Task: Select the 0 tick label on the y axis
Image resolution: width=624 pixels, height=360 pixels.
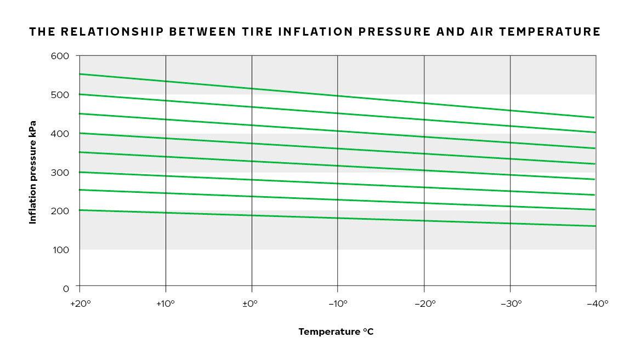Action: pyautogui.click(x=66, y=288)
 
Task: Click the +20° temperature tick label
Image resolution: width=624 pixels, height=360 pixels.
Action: pyautogui.click(x=79, y=302)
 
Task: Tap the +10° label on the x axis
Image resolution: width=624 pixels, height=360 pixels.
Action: pyautogui.click(x=165, y=302)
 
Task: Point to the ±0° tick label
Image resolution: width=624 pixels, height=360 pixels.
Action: pyautogui.click(x=251, y=302)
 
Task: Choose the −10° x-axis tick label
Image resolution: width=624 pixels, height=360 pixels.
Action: pyautogui.click(x=338, y=302)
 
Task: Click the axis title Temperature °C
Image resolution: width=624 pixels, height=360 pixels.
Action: pyautogui.click(x=336, y=332)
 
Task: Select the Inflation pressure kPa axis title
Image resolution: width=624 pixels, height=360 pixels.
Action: pyautogui.click(x=33, y=172)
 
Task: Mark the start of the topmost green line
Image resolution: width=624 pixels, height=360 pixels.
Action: pyautogui.click(x=80, y=74)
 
